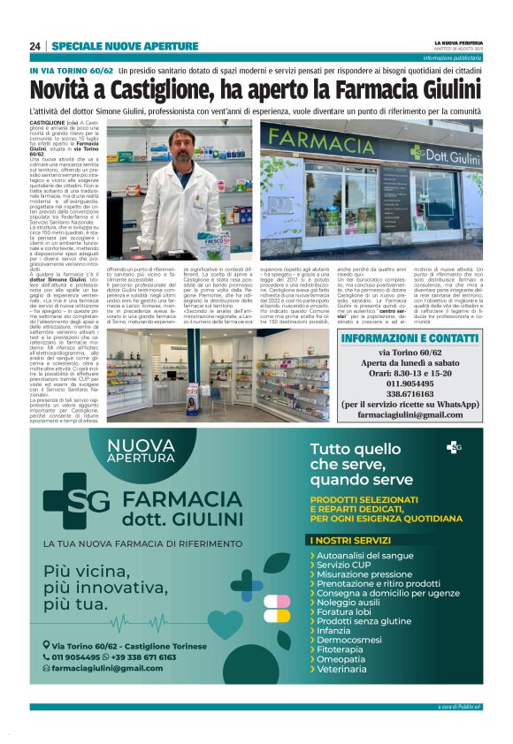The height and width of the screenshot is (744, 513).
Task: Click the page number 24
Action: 35,46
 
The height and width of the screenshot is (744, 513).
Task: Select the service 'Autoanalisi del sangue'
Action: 365,556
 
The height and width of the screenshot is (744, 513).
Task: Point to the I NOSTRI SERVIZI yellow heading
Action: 345,540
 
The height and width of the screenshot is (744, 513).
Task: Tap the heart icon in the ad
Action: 226,624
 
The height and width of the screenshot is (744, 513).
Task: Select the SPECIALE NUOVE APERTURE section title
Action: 125,46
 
